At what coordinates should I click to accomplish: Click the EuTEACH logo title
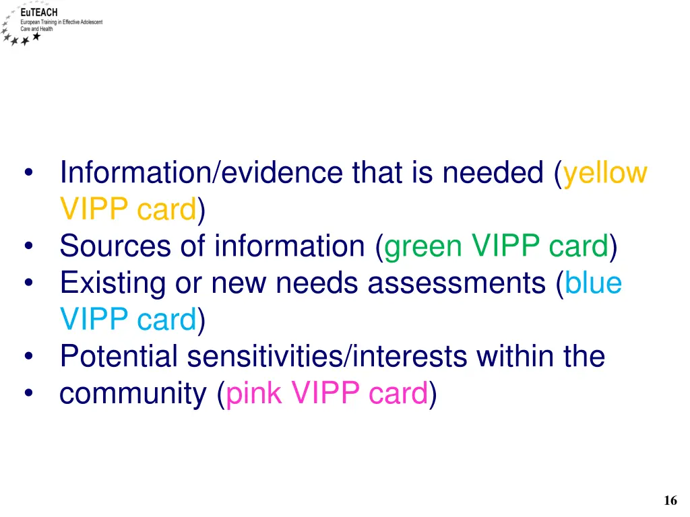(39, 13)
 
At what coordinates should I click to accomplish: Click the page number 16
(670, 500)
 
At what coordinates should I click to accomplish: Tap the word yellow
(604, 173)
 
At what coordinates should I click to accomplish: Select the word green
(422, 246)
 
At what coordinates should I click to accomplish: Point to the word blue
(593, 283)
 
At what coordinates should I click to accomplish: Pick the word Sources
(115, 246)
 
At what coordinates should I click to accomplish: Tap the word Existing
(112, 283)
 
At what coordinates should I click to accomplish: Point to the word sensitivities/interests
(327, 356)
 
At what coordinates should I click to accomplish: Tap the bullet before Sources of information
(28, 247)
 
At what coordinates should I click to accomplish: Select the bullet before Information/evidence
(28, 174)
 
